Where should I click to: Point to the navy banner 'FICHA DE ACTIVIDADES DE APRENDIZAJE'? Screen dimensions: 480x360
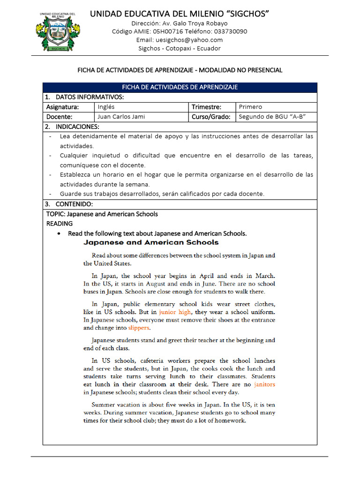pyautogui.click(x=180, y=87)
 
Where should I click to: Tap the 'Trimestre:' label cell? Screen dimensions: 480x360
pyautogui.click(x=206, y=107)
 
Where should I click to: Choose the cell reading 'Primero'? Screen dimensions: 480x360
pyautogui.click(x=250, y=107)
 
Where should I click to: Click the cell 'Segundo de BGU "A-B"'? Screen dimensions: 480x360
pyautogui.click(x=272, y=117)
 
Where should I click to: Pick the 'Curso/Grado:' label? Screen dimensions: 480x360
pyautogui.click(x=211, y=117)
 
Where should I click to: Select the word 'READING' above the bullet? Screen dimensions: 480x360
pyautogui.click(x=59, y=224)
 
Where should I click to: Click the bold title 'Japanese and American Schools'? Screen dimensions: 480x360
pyautogui.click(x=151, y=242)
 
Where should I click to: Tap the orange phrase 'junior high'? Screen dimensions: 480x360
pyautogui.click(x=175, y=312)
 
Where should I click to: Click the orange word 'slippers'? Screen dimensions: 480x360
pyautogui.click(x=139, y=328)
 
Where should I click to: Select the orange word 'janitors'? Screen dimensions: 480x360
pyautogui.click(x=264, y=384)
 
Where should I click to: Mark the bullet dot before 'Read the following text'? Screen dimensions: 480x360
pyautogui.click(x=59, y=233)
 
